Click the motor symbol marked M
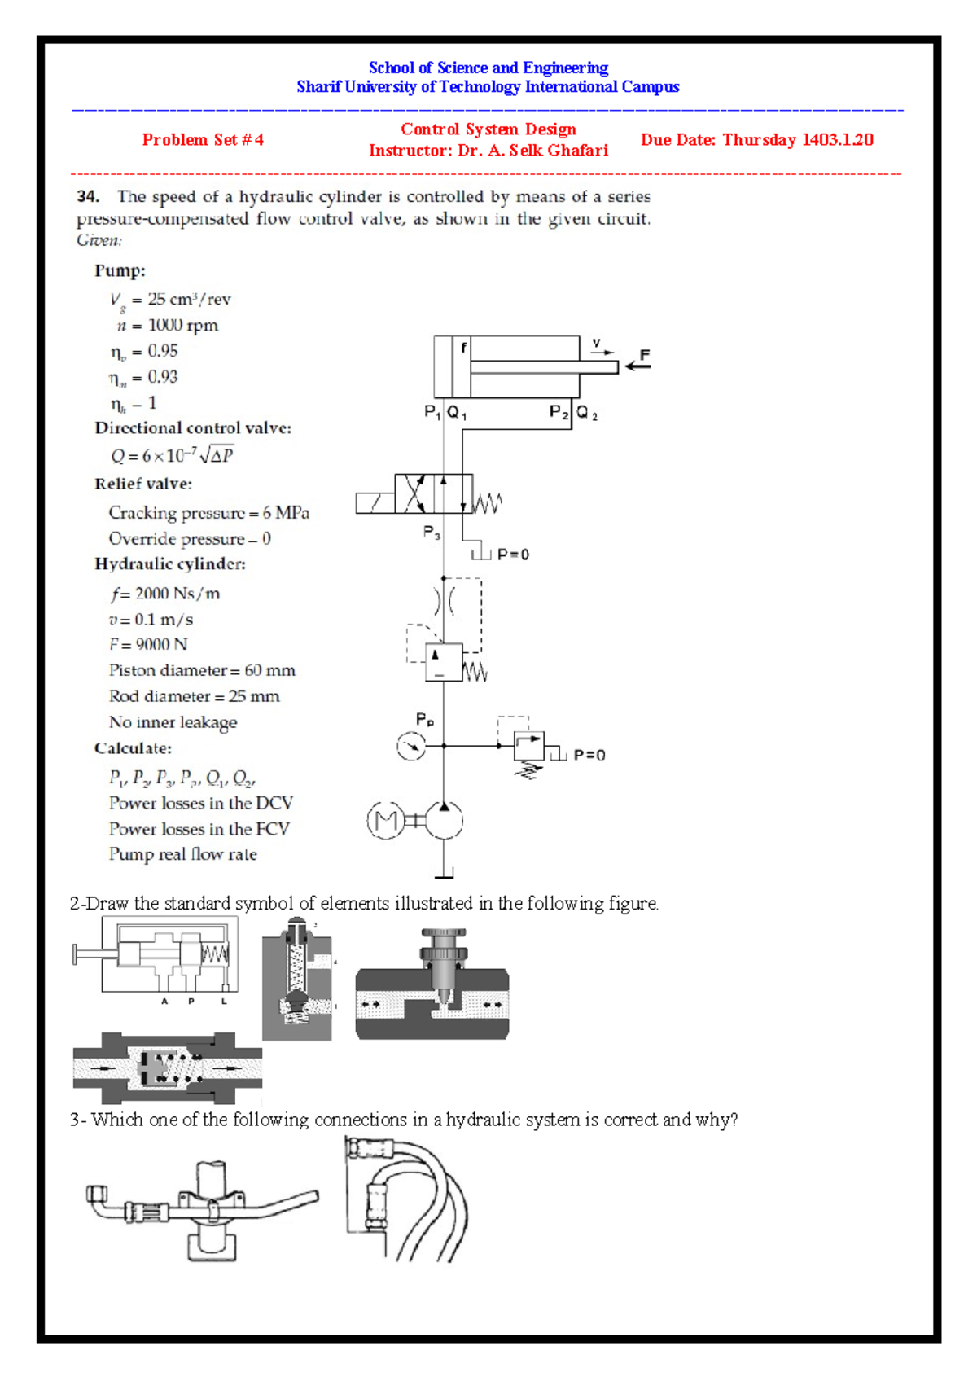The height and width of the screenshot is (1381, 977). (385, 820)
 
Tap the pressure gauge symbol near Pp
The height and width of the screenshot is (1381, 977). (411, 746)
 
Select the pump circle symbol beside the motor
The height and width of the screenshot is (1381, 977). (444, 820)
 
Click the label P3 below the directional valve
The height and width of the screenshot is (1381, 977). (432, 533)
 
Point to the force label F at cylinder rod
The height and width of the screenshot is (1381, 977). (645, 355)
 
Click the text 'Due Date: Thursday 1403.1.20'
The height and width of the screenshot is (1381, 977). (756, 140)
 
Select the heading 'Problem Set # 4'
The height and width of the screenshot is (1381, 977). (203, 140)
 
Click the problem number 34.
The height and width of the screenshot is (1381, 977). (88, 196)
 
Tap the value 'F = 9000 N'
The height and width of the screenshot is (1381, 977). (148, 644)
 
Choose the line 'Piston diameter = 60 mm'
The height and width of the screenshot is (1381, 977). (202, 670)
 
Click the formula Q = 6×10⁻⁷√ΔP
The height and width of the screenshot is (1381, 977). (173, 455)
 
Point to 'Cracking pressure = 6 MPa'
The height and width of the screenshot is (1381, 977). (208, 513)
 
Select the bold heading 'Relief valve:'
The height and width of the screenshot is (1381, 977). (143, 484)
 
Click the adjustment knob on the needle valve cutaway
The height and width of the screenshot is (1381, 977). (443, 934)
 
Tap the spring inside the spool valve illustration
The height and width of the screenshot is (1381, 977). (215, 954)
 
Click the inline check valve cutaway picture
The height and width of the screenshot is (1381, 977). (167, 1068)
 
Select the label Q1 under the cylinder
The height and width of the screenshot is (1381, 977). (457, 413)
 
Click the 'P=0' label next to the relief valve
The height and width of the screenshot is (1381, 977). (589, 755)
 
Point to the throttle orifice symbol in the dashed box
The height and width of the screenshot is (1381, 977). (444, 601)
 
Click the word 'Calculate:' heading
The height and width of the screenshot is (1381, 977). (133, 748)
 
